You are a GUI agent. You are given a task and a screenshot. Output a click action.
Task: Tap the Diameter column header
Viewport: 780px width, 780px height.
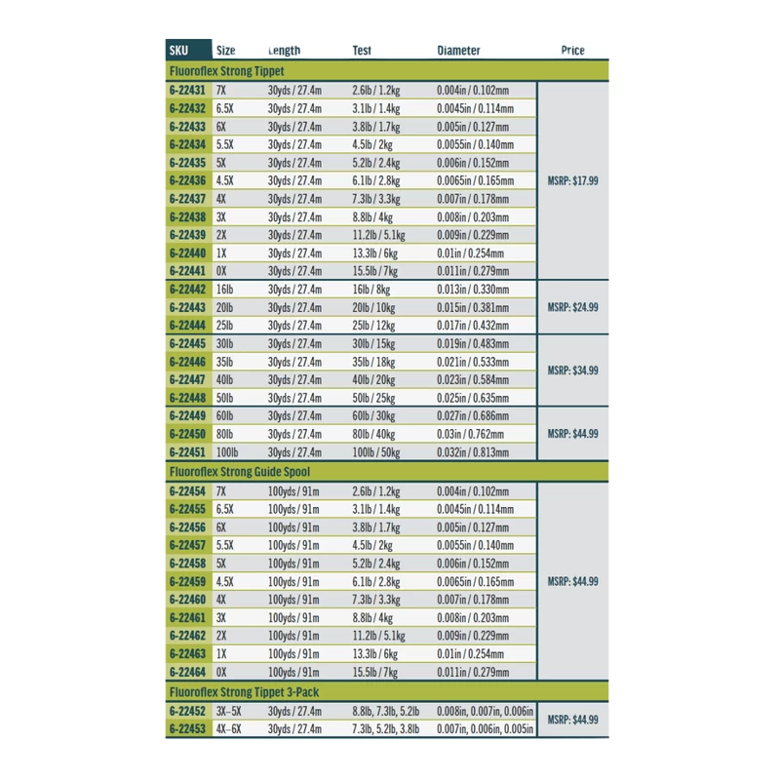pos(458,51)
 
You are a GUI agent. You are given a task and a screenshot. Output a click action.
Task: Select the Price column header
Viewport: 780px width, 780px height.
pos(573,51)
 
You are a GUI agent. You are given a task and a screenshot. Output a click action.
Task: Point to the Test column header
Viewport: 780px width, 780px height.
pos(362,51)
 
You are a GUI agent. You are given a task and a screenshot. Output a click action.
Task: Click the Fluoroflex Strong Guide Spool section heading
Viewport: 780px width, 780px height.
pos(240,472)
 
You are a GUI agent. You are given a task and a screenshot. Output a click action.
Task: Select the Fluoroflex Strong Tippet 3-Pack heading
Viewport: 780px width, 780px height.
pos(244,691)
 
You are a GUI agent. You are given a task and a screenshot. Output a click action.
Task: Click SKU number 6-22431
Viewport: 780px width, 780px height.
pos(187,91)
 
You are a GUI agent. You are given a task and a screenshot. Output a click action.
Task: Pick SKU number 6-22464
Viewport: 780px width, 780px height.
pos(187,673)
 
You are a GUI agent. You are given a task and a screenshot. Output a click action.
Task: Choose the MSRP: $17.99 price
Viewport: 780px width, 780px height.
pos(573,180)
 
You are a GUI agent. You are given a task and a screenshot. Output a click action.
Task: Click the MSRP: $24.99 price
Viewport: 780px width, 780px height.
pos(573,308)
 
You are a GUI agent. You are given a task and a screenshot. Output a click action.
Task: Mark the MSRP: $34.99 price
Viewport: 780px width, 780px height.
pos(573,370)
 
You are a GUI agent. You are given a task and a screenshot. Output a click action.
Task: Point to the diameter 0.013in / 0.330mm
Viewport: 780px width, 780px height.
pos(475,290)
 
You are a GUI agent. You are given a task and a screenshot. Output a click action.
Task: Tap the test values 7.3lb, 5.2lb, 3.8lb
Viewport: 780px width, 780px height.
pos(386,729)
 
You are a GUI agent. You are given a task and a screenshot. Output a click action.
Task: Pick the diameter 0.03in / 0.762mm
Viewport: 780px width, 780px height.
pos(471,435)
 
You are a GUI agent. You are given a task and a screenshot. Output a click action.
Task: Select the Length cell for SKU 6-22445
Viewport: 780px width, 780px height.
pos(294,343)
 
